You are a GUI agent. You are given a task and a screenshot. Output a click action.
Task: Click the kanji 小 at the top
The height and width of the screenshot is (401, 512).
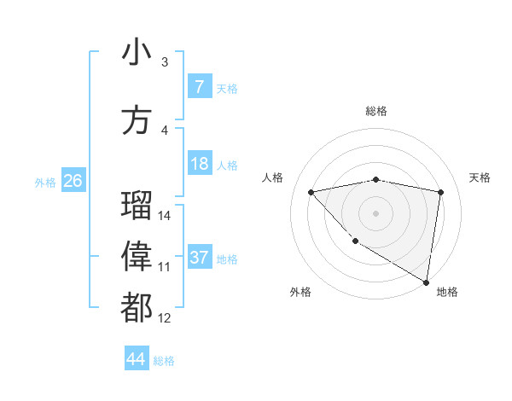pos(137,53)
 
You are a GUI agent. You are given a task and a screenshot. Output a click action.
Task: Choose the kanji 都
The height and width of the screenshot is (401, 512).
pos(137,308)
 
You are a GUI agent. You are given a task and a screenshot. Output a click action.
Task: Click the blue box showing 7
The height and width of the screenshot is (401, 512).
pos(199,87)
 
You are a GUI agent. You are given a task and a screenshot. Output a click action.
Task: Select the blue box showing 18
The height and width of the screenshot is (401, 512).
pos(199,164)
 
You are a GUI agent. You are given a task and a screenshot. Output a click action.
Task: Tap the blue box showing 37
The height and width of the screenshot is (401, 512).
pos(199,258)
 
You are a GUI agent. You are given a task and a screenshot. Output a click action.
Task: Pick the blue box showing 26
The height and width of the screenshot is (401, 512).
pos(73,181)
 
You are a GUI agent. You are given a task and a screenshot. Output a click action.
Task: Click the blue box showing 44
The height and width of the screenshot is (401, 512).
pos(136,359)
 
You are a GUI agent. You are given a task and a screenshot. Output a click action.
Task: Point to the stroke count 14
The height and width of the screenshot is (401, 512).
pos(165,216)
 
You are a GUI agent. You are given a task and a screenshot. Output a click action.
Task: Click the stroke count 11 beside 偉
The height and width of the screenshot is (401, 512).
pos(165,267)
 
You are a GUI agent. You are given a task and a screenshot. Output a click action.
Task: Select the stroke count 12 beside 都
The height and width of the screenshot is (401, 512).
pos(165,318)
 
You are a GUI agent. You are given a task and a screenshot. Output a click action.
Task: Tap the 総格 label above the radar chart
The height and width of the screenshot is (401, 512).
pos(375,111)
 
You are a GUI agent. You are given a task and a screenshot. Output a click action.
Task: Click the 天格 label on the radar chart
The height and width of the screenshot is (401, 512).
pos(480,177)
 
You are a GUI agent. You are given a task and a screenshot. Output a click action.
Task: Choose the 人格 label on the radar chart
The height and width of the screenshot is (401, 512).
pos(273,177)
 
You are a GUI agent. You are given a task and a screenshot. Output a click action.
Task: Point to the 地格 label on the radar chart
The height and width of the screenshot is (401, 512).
pos(447,292)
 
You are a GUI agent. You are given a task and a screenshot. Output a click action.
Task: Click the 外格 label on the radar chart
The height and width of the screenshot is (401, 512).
pos(300,292)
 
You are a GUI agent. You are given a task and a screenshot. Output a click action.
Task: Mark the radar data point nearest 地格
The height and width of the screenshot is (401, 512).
pos(426,282)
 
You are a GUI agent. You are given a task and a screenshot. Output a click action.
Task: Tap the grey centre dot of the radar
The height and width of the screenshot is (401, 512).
pos(375,213)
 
